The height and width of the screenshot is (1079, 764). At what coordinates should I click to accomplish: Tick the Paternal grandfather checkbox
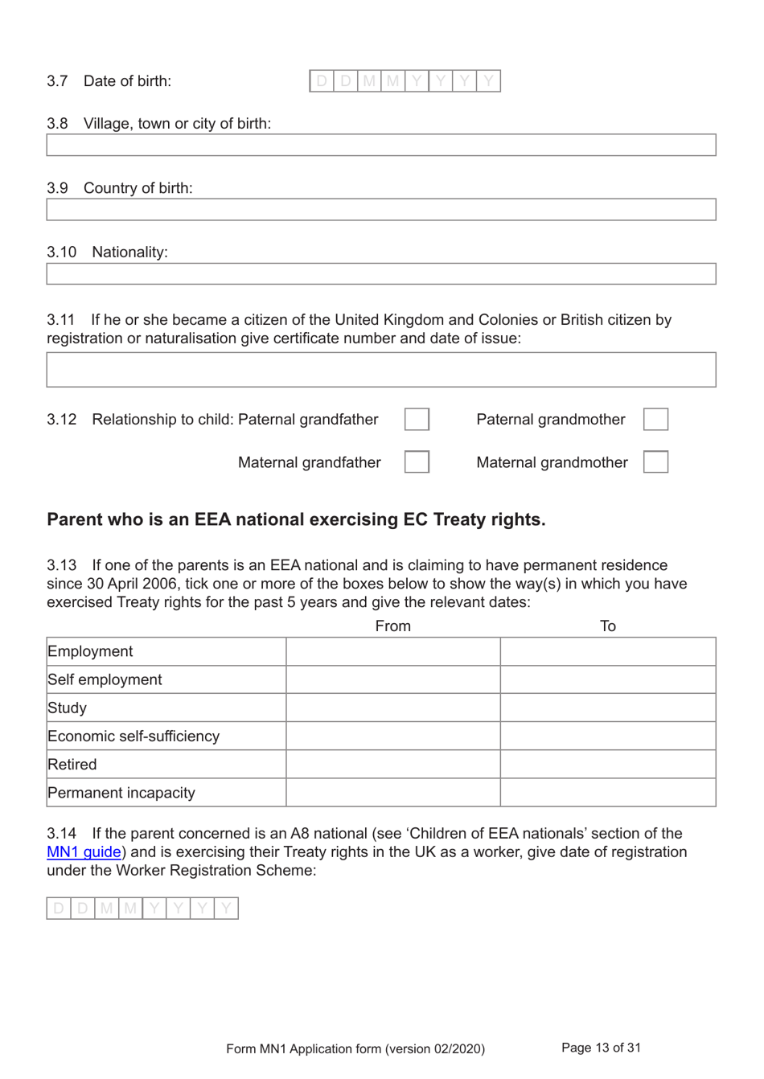click(417, 420)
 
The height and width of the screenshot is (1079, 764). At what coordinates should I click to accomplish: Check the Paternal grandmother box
click(655, 420)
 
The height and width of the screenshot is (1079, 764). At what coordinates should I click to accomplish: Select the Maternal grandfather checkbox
click(417, 462)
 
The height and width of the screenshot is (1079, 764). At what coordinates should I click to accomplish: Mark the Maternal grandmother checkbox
click(655, 462)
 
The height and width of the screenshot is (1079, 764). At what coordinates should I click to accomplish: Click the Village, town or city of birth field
click(380, 146)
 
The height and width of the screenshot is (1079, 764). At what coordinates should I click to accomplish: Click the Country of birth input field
click(380, 210)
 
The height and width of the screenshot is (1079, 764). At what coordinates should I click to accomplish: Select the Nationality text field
click(380, 274)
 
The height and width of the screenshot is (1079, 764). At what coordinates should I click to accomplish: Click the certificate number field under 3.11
click(380, 370)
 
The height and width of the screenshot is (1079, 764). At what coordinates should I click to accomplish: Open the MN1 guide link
click(84, 852)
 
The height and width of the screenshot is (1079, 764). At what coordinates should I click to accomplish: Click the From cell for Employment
click(392, 652)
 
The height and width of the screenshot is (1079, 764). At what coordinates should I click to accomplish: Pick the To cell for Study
click(608, 708)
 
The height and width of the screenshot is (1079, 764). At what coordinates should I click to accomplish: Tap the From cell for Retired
click(392, 765)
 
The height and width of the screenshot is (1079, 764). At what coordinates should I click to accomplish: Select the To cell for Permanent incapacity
click(608, 793)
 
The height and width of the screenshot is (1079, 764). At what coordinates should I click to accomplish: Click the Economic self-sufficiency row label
click(133, 736)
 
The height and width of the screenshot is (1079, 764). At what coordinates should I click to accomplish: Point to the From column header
click(392, 626)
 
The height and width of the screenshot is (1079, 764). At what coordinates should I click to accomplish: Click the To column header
click(608, 626)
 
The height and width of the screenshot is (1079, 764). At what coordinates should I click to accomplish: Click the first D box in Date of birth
click(322, 81)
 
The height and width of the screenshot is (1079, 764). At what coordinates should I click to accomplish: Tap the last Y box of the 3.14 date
click(227, 909)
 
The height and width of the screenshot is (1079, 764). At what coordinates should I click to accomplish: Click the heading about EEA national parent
click(296, 519)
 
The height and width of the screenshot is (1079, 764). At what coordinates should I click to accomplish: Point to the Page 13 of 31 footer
click(601, 1048)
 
